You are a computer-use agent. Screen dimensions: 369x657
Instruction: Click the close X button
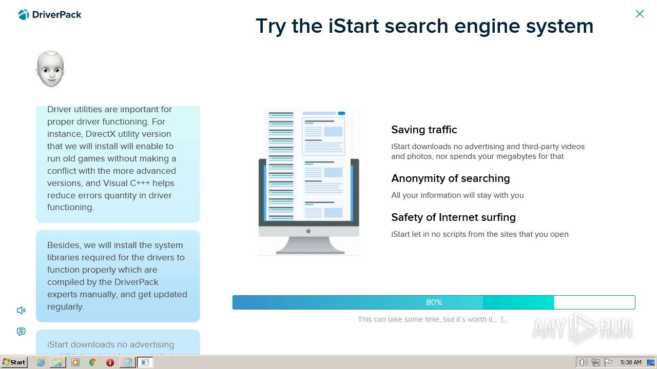640,14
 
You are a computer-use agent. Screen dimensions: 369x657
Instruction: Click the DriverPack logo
50,15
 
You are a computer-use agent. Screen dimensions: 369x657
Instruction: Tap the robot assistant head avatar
50,69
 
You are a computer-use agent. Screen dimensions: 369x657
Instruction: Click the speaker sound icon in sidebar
21,310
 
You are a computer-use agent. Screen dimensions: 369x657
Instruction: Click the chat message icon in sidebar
21,332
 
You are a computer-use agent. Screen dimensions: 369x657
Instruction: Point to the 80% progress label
434,302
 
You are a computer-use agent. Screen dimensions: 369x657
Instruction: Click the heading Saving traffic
424,130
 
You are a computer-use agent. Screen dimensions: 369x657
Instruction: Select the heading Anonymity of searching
450,178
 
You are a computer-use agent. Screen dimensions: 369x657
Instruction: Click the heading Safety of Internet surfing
453,217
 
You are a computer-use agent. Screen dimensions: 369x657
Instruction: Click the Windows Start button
14,362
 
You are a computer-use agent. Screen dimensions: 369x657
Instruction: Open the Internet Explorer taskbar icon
41,362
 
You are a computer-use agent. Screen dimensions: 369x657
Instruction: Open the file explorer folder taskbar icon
58,362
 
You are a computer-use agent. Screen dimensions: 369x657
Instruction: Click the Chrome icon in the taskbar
93,362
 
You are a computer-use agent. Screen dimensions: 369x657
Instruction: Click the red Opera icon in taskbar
110,362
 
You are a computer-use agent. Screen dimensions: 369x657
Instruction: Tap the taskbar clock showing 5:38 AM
630,362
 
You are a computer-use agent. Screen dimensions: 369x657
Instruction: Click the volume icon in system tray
583,362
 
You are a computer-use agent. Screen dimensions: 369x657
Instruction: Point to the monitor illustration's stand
310,247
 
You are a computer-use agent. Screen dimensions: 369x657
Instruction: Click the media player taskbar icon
75,362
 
